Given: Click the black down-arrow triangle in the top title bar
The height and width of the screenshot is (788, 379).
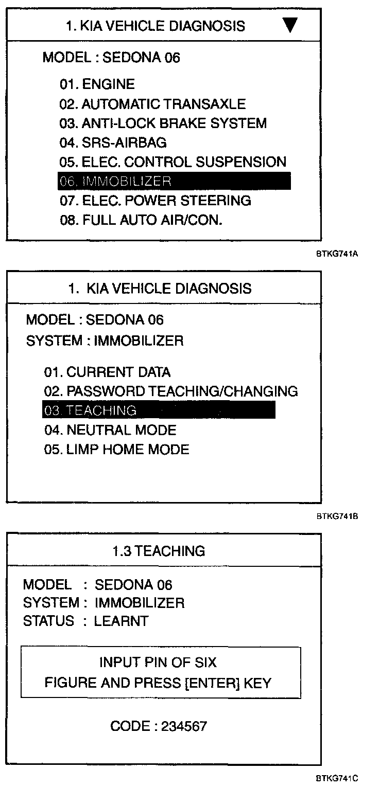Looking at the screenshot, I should pyautogui.click(x=290, y=25).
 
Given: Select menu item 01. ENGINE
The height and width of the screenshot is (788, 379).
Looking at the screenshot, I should pyautogui.click(x=97, y=84).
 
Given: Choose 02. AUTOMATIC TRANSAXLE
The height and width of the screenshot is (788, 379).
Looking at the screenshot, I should pyautogui.click(x=152, y=104).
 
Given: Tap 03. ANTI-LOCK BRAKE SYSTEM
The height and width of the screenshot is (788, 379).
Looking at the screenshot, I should pyautogui.click(x=163, y=123).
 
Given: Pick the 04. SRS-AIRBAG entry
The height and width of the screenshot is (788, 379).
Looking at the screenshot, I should pyautogui.click(x=113, y=142).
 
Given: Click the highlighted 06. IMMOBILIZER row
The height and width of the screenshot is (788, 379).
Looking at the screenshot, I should pyautogui.click(x=175, y=181).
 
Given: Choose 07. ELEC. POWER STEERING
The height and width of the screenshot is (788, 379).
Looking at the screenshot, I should pyautogui.click(x=155, y=201).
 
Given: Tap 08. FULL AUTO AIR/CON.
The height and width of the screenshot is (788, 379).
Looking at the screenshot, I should pyautogui.click(x=141, y=220).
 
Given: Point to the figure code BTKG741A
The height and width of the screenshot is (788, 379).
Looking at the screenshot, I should pyautogui.click(x=337, y=254).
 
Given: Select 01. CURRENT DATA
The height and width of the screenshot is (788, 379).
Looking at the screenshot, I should pyautogui.click(x=107, y=372).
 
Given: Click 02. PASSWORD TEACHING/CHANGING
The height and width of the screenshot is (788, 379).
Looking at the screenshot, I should pyautogui.click(x=170, y=391).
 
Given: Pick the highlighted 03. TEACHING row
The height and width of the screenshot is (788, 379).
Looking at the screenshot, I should pyautogui.click(x=159, y=410).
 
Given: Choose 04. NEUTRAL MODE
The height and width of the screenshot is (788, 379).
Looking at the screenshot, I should pyautogui.click(x=110, y=430).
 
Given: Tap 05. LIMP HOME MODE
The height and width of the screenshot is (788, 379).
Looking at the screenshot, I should pyautogui.click(x=116, y=450).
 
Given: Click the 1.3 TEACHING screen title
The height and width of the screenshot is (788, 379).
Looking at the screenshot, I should pyautogui.click(x=159, y=551).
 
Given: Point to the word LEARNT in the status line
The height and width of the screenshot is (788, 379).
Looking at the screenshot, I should pyautogui.click(x=121, y=621).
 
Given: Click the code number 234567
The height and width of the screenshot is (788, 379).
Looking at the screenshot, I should pyautogui.click(x=184, y=726).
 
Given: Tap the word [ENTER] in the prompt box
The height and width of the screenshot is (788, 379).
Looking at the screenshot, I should pyautogui.click(x=211, y=683).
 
